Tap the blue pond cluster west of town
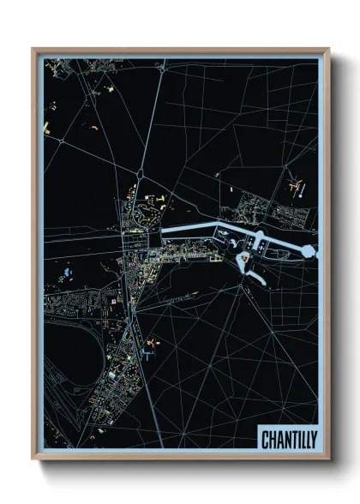pyautogui.click(x=66, y=274)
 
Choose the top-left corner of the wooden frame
pyautogui.click(x=33, y=49)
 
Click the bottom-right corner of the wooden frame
pyautogui.click(x=328, y=459)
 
